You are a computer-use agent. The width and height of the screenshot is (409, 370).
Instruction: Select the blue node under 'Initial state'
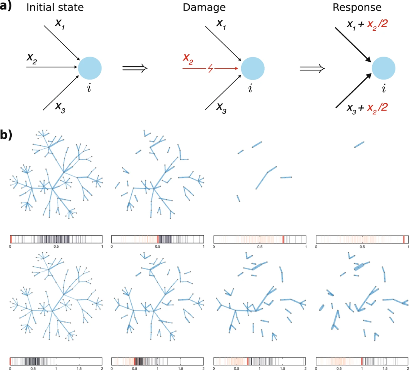[90, 68]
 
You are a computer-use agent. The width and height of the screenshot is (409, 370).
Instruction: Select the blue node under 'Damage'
[252, 69]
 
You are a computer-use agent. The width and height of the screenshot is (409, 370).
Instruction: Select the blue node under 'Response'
[384, 69]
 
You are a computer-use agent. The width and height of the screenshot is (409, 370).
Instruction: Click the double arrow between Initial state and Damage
[134, 69]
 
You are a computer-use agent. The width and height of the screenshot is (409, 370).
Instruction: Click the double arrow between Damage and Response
[312, 69]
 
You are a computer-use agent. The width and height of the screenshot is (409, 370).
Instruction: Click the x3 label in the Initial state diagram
[61, 106]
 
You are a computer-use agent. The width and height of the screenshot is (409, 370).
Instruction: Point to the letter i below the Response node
[384, 89]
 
